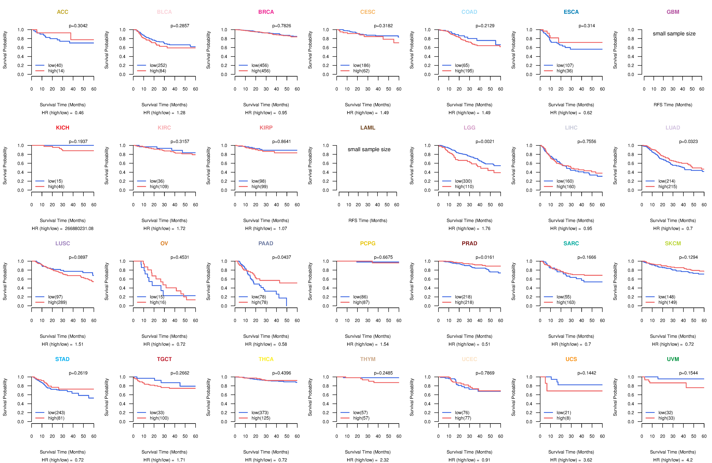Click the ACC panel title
pyautogui.click(x=63, y=12)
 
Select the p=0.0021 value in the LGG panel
pyautogui.click(x=485, y=142)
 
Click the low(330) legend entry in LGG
pyautogui.click(x=463, y=181)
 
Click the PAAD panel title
pyautogui.click(x=266, y=243)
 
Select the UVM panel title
pyautogui.click(x=673, y=359)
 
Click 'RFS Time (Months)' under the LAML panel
pyautogui.click(x=368, y=221)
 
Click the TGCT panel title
pyautogui.click(x=164, y=359)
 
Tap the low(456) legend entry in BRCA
pyautogui.click(x=260, y=65)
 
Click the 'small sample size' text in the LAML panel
pyautogui.click(x=369, y=149)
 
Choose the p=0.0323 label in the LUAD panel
pyautogui.click(x=688, y=142)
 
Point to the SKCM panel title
pyautogui.click(x=673, y=243)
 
